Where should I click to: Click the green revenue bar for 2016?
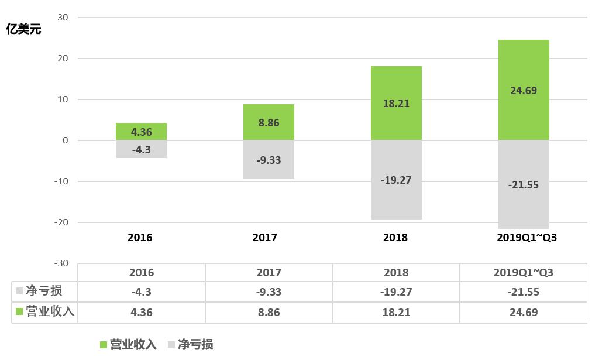pos(142,132)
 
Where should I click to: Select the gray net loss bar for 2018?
pos(396,180)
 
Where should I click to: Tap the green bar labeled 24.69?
pos(524,90)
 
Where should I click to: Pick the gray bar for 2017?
pos(269,159)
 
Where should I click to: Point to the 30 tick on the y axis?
pos(63,18)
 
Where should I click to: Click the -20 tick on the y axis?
pos(60,222)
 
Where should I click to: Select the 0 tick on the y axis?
pos(65,140)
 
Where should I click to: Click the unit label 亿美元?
pos(23,29)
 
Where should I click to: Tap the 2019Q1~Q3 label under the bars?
pos(524,238)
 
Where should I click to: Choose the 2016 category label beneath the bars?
pos(140,238)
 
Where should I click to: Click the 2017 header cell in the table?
pos(269,273)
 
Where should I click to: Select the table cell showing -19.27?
pos(396,292)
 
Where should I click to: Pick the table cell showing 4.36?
pos(141,312)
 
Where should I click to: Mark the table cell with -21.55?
pos(524,292)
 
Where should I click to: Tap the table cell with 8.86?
pos(269,312)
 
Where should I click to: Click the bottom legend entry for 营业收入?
pos(129,345)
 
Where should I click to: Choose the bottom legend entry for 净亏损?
pos(190,345)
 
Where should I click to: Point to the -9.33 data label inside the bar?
pos(269,160)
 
